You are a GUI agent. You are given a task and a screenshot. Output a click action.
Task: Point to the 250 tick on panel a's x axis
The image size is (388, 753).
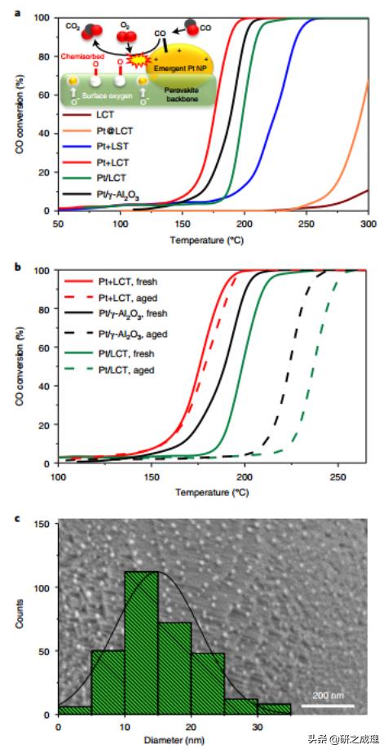(x=306, y=223)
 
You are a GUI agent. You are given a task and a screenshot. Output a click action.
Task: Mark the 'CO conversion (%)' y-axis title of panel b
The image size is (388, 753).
(x=37, y=366)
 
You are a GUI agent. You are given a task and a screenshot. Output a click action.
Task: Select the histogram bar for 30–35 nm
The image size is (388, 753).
(x=274, y=708)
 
